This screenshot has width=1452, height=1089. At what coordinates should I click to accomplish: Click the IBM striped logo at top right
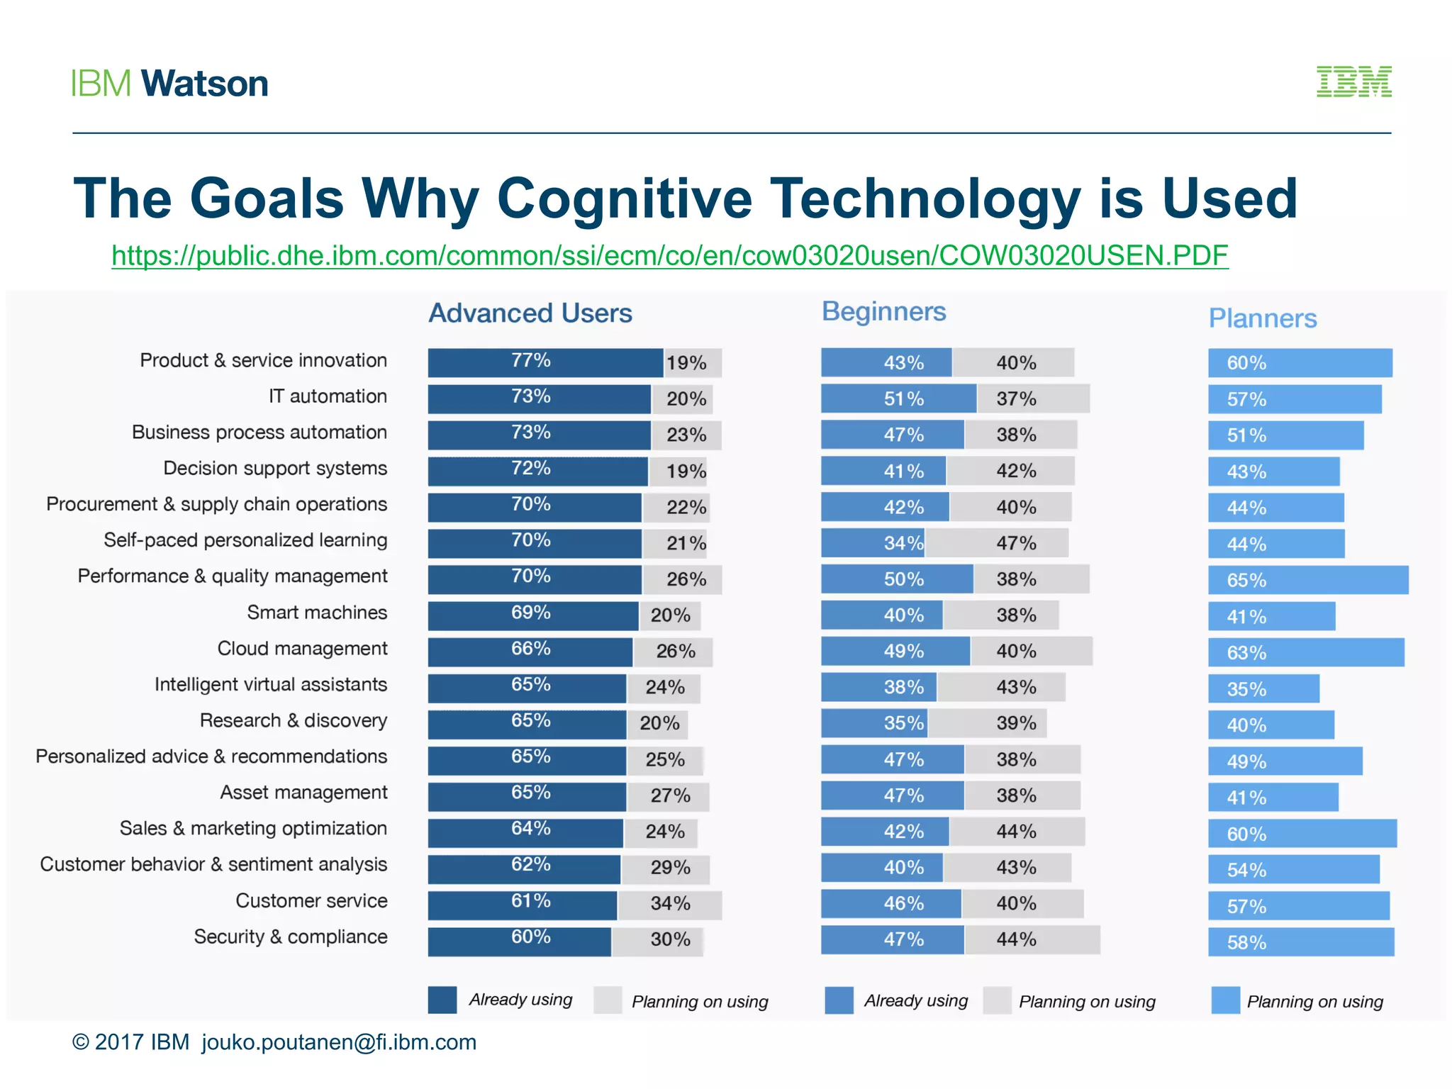coord(1353,82)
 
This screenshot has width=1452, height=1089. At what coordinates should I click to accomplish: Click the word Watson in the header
coord(204,84)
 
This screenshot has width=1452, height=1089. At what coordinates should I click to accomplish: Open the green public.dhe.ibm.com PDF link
coord(669,255)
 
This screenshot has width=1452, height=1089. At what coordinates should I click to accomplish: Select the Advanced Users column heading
coord(530,313)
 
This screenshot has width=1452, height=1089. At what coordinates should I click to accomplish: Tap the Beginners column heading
coord(883,311)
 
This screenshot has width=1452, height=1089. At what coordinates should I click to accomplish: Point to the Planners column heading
coord(1262,318)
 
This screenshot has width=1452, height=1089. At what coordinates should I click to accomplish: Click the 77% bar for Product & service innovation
coord(544,362)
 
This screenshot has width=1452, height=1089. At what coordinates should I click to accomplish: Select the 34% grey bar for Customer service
coord(669,905)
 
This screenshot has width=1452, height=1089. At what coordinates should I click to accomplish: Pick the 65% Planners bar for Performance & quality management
coord(1307,580)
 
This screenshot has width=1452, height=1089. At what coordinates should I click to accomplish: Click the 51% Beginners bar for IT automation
coord(898,398)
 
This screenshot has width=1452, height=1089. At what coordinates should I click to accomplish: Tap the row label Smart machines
coord(317,613)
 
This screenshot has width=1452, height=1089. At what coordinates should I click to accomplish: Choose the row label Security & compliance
coord(291,937)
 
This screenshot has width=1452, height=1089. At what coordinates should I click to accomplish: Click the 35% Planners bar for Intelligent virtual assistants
coord(1263,688)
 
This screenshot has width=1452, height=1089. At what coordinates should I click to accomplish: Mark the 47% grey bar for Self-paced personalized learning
coord(996,543)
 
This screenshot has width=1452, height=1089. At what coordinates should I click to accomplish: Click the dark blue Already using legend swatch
coord(442,1000)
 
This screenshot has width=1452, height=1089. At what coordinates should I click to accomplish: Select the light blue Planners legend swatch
coord(1225,1000)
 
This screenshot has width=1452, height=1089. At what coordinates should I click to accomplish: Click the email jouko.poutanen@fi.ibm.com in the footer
coord(339,1042)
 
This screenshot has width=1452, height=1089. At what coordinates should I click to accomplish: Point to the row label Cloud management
coord(302,649)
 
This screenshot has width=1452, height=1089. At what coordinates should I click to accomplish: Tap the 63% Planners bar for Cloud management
coord(1305,652)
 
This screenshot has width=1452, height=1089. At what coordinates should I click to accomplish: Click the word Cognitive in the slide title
coord(624,199)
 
